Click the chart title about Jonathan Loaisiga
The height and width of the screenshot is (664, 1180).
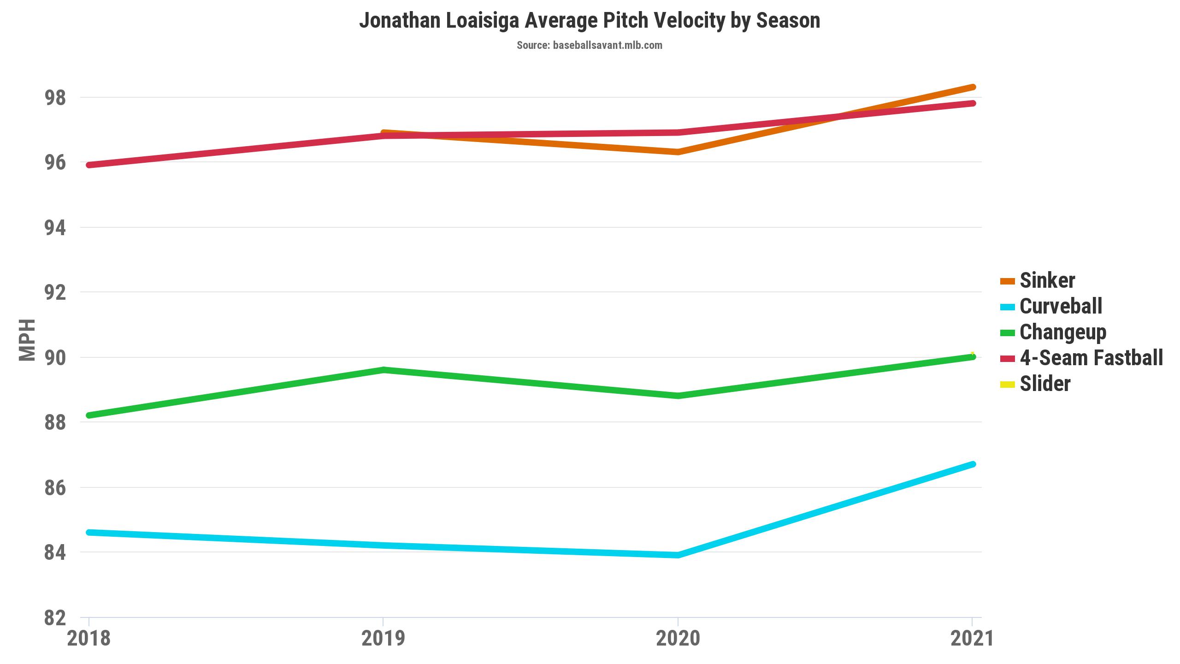click(x=590, y=21)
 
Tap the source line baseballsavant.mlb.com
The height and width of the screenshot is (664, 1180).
click(x=590, y=45)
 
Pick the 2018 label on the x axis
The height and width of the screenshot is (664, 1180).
click(x=89, y=639)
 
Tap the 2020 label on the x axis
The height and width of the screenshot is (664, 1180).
click(x=678, y=639)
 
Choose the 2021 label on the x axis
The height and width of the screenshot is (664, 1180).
click(x=972, y=639)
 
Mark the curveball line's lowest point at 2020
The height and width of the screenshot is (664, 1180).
click(x=678, y=555)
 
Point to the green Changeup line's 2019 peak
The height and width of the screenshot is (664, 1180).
click(x=383, y=370)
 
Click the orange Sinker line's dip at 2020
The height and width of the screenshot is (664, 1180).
click(x=678, y=152)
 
